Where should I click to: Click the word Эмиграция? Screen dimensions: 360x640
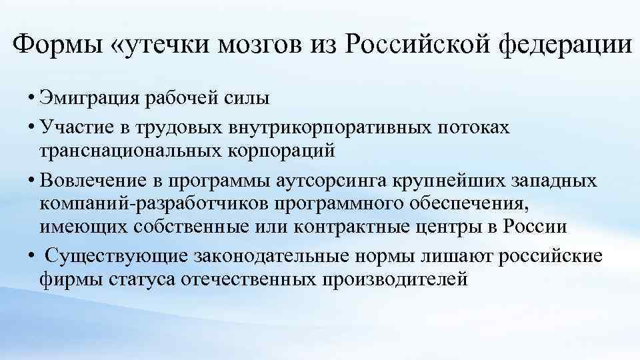click(x=87, y=99)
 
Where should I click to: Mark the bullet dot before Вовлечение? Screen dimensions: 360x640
click(x=32, y=181)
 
